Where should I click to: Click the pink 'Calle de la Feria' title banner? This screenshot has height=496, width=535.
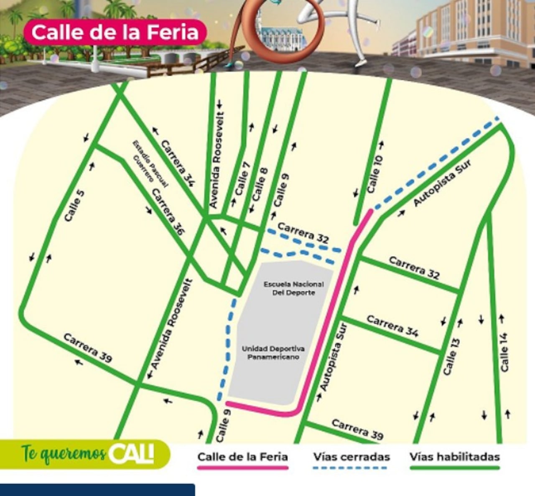(115, 32)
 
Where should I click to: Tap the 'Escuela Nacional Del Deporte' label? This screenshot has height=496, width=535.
(293, 288)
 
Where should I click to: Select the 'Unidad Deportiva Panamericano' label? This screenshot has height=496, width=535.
(273, 353)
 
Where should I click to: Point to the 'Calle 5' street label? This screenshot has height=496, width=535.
(75, 206)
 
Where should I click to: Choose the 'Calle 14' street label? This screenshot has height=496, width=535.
(504, 352)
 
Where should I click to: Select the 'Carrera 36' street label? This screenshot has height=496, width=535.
(168, 212)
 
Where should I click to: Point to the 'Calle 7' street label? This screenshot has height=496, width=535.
(242, 178)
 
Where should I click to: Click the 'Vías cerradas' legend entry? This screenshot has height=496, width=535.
(351, 457)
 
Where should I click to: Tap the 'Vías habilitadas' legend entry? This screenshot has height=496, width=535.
(455, 457)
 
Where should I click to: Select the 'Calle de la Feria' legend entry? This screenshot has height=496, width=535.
(242, 457)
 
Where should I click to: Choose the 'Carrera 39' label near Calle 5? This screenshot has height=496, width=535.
(88, 348)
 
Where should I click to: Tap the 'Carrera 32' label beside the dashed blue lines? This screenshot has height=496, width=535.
(303, 233)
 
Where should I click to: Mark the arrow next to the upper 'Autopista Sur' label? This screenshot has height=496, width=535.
(401, 213)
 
